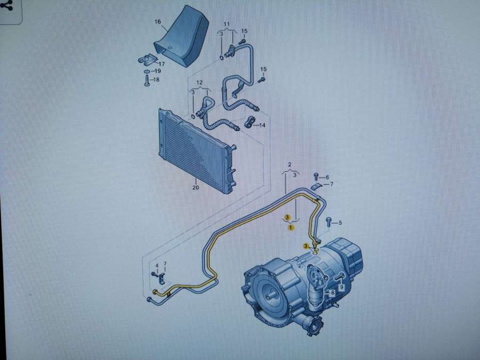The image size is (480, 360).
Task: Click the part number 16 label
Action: (x=158, y=22)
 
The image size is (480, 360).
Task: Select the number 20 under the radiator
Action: (x=196, y=187)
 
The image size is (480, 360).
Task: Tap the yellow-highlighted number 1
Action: (x=291, y=227)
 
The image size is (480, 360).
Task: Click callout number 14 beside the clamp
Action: (x=262, y=125)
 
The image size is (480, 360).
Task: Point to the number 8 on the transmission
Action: (x=332, y=293)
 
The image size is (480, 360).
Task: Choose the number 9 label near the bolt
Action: (x=342, y=287)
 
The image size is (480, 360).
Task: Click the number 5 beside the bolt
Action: (x=340, y=223)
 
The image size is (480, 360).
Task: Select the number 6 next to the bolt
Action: (x=327, y=177)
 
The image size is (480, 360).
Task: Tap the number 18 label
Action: (x=156, y=79)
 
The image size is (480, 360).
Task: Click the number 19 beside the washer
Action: (x=157, y=71)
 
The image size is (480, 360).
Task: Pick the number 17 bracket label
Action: (x=161, y=64)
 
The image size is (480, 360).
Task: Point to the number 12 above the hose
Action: (x=199, y=83)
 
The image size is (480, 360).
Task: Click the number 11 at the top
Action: (x=227, y=24)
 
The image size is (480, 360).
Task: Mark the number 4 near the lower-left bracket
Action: (x=157, y=266)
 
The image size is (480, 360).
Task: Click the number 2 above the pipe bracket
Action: (x=290, y=165)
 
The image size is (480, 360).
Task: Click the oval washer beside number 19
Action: (x=147, y=71)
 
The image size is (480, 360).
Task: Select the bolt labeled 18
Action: (x=147, y=81)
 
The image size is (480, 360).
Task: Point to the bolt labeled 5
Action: (x=329, y=222)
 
